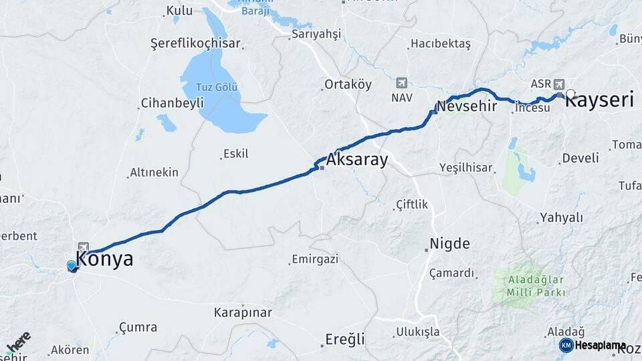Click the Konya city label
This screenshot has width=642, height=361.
point(104,259)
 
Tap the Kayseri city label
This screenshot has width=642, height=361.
point(599,101)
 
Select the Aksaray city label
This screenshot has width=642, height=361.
point(356,160)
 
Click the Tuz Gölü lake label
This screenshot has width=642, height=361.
point(217,88)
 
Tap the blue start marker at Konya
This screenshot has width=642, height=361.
point(72,266)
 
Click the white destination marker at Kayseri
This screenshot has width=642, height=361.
point(570,94)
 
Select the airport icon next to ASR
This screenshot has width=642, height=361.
point(559,84)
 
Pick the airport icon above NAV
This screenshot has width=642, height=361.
point(401,83)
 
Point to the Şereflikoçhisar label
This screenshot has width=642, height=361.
point(195,43)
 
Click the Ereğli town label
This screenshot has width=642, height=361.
point(344,339)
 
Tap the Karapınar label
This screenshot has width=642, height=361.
point(243,312)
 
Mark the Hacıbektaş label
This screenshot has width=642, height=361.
point(441,43)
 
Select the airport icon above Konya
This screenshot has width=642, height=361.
point(83,246)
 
